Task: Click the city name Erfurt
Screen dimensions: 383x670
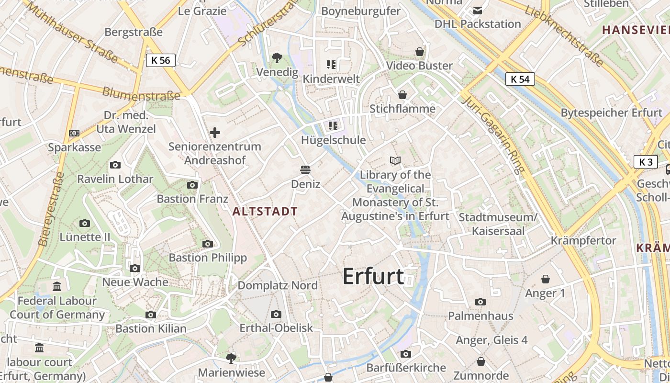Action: [373, 277]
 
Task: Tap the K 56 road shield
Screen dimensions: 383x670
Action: [161, 60]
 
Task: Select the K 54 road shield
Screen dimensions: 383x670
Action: [520, 79]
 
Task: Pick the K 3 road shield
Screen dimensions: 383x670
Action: [646, 162]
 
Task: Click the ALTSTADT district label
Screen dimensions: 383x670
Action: [265, 211]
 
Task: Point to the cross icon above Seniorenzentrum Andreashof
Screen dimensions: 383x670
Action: [215, 132]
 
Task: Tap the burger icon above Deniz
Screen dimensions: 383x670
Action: [305, 170]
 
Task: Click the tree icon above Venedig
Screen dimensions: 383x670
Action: [277, 58]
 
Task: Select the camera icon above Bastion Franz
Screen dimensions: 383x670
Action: [192, 185]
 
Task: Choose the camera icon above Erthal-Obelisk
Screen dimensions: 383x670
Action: [276, 314]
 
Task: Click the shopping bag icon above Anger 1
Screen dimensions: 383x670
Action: [545, 279]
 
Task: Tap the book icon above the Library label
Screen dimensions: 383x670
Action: [395, 160]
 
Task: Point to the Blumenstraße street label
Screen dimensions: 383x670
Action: [141, 94]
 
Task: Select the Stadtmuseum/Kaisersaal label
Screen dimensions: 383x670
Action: [498, 224]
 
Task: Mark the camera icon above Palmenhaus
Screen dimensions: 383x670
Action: [480, 302]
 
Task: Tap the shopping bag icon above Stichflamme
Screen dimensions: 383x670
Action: [402, 94]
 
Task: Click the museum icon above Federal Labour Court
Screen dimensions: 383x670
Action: [57, 287]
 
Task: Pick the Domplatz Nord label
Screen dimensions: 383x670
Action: [278, 285]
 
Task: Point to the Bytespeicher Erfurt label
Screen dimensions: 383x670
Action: [611, 113]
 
